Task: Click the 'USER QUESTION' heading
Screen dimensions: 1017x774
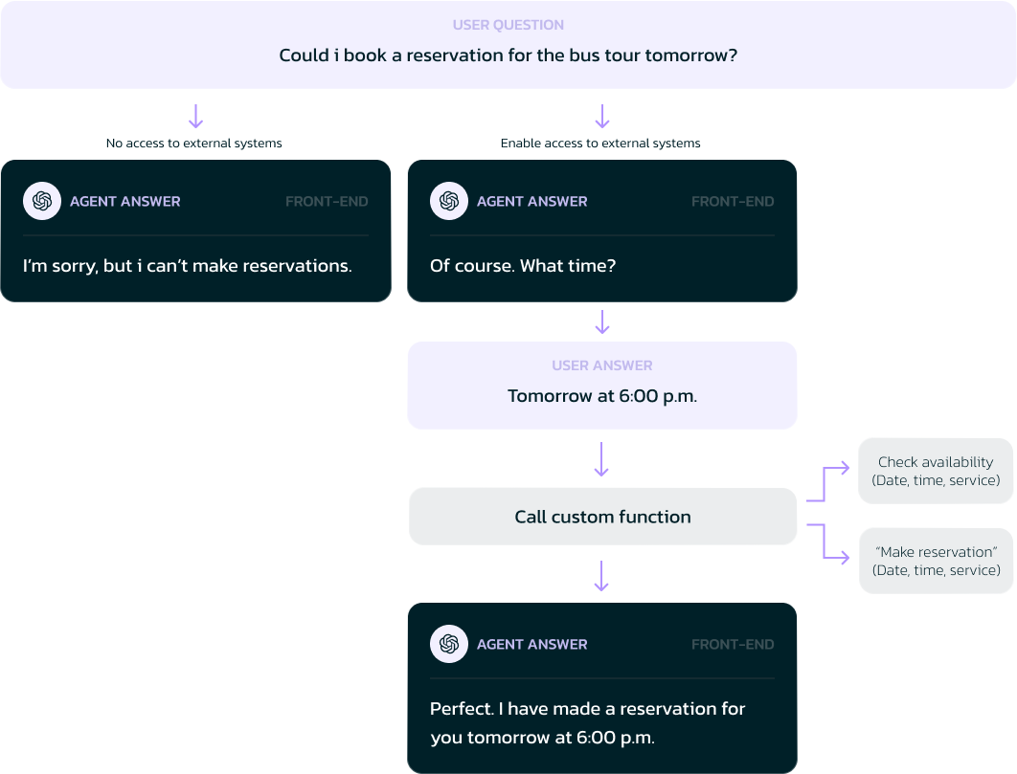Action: click(x=508, y=25)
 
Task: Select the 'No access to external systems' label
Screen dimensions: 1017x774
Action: click(x=194, y=144)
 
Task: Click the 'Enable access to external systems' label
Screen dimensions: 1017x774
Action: click(x=600, y=144)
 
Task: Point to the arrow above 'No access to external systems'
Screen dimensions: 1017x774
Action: click(x=196, y=116)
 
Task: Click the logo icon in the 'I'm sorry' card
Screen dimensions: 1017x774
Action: click(x=42, y=201)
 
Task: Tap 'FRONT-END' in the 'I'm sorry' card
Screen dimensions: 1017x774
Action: click(x=327, y=202)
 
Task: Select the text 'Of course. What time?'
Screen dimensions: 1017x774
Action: click(x=523, y=266)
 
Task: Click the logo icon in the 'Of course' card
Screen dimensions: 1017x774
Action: click(x=449, y=201)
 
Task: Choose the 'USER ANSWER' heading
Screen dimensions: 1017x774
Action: click(x=602, y=365)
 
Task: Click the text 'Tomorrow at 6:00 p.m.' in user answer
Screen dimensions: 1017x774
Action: click(x=602, y=396)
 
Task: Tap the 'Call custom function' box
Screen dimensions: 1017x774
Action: click(x=602, y=517)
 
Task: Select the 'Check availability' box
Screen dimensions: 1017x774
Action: click(x=936, y=471)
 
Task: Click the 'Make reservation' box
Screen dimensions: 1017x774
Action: click(x=936, y=561)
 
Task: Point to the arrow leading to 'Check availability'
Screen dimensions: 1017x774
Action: click(x=825, y=483)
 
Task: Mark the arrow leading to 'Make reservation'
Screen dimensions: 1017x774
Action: click(x=825, y=542)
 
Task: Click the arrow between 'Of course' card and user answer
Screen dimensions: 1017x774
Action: click(x=602, y=322)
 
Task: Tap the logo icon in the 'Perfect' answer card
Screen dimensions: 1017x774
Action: click(x=449, y=644)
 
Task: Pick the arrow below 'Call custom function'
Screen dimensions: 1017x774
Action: click(x=602, y=576)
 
